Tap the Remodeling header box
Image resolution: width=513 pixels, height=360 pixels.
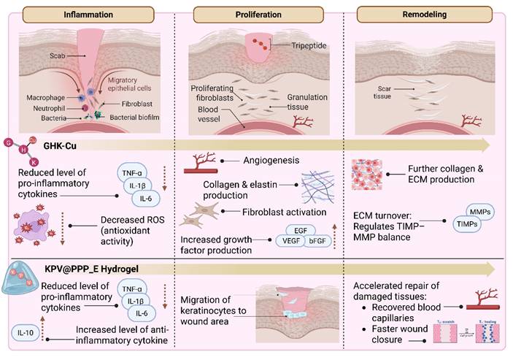[x=426, y=15]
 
